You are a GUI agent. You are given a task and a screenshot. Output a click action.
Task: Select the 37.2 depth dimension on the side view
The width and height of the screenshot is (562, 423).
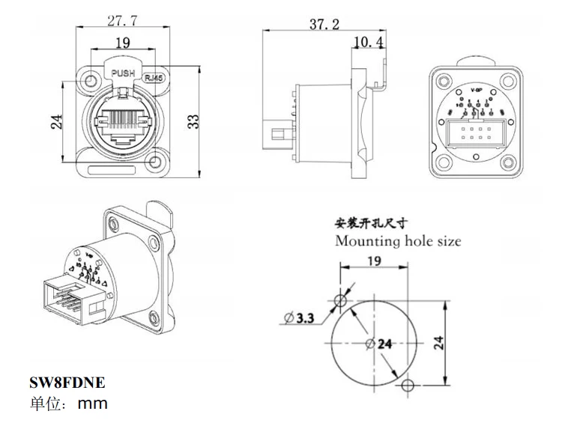click(324, 24)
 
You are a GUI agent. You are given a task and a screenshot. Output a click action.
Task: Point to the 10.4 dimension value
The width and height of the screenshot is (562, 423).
click(369, 42)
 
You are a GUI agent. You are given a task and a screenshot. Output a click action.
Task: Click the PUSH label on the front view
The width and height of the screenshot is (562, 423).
click(123, 73)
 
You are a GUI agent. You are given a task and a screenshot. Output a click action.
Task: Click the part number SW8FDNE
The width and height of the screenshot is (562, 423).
click(67, 383)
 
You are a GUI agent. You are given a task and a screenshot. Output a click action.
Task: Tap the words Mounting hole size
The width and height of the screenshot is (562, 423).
click(398, 241)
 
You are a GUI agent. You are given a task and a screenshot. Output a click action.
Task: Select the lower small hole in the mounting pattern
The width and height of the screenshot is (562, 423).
click(407, 386)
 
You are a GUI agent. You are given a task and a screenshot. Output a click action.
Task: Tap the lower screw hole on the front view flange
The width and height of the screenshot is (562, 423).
click(158, 160)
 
